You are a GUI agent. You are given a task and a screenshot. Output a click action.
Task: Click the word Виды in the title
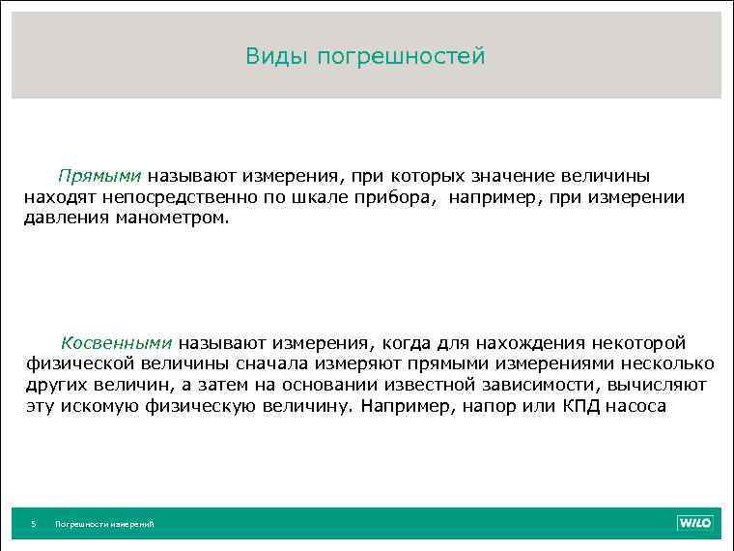point(273,57)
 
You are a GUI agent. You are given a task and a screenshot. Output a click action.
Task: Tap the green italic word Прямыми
point(99,177)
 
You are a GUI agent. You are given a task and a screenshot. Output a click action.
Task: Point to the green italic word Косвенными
point(117,343)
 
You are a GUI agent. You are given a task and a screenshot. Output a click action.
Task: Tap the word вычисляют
point(660,385)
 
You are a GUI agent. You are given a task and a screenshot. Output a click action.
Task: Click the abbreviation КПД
point(580,406)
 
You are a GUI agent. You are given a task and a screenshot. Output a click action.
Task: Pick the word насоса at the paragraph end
point(636,406)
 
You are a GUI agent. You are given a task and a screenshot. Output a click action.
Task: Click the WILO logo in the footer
point(693,523)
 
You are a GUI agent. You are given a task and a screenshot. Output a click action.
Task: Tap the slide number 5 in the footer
point(33,524)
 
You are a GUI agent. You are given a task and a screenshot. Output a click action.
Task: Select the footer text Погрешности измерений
point(104,524)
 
